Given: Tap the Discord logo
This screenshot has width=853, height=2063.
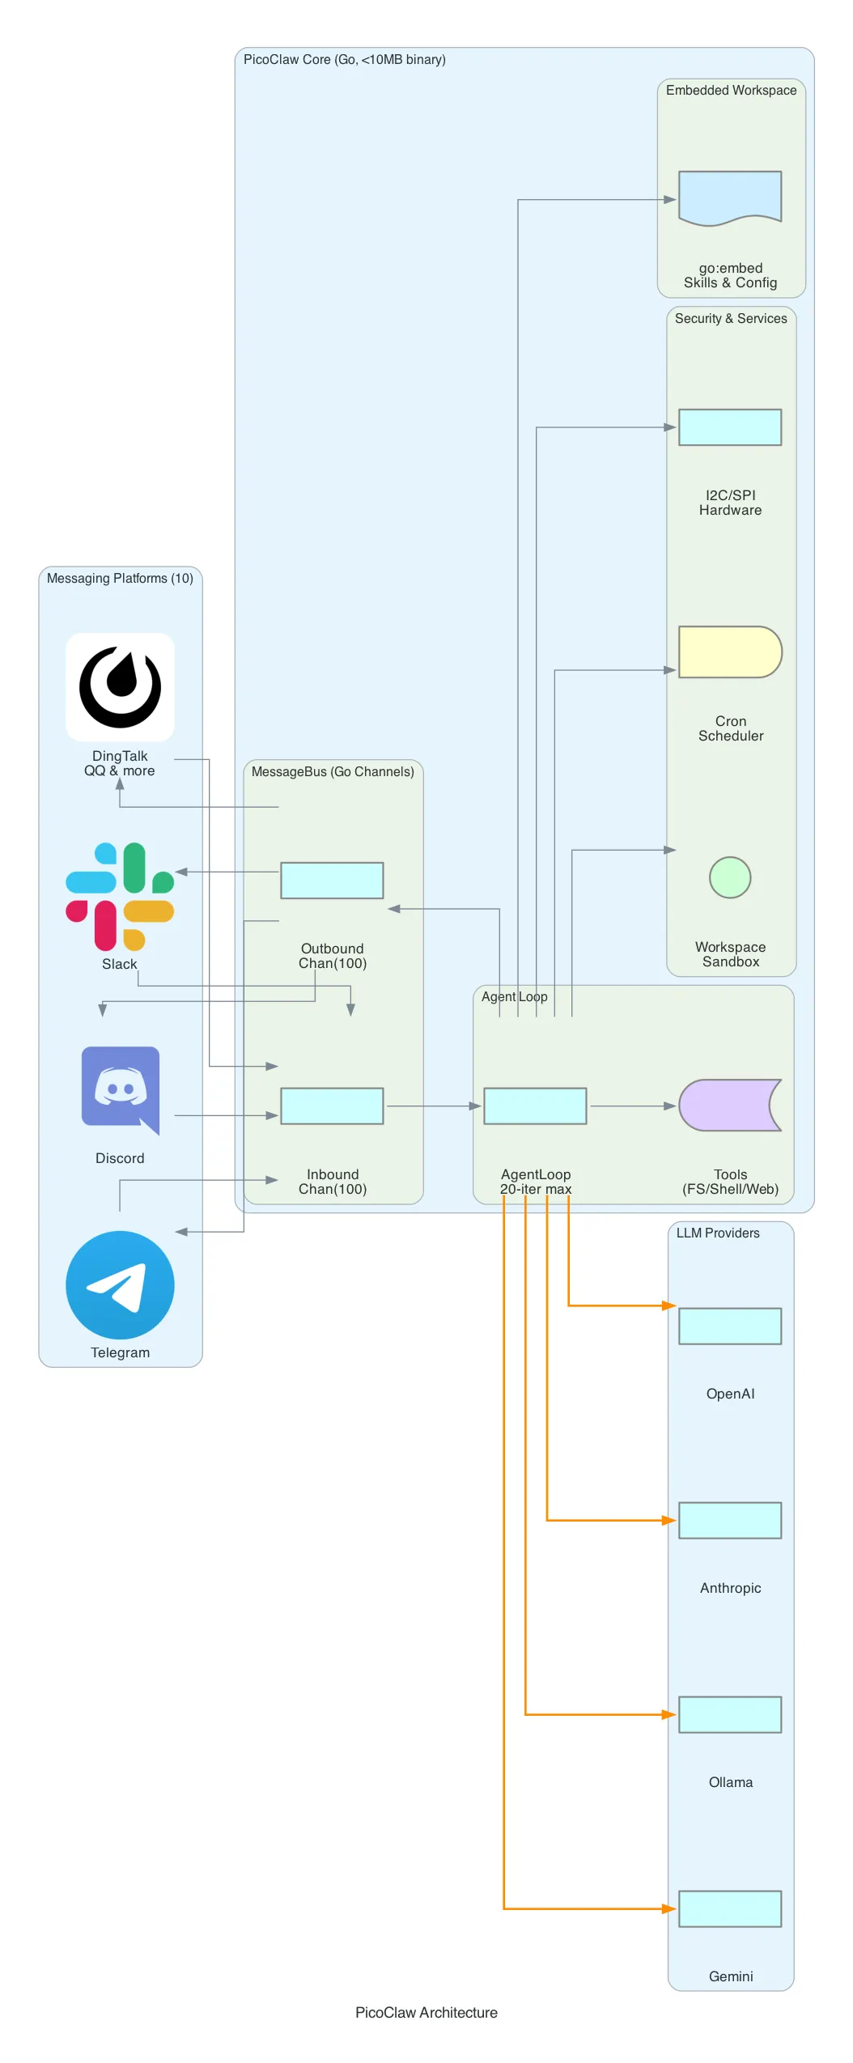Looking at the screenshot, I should click(121, 1089).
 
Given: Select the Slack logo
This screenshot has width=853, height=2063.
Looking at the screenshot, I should click(120, 896).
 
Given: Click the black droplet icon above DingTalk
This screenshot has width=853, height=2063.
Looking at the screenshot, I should click(120, 686).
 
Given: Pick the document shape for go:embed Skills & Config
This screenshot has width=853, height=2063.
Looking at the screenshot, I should click(729, 197).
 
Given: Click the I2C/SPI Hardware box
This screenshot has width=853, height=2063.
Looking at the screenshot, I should click(729, 427).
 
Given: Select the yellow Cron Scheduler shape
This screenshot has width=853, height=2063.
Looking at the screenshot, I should click(729, 652).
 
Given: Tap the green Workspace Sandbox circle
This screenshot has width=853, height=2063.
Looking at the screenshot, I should click(729, 877).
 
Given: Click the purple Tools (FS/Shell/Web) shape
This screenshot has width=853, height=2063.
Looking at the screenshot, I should click(729, 1105).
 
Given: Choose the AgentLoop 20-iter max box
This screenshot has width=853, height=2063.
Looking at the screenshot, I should click(535, 1106).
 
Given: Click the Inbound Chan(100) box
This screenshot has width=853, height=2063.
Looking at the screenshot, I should click(332, 1106).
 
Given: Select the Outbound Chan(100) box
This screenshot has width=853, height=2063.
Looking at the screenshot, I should click(332, 880).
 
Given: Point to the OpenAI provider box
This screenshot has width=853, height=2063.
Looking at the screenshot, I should click(729, 1326).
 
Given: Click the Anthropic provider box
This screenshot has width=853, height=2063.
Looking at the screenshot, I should click(729, 1520).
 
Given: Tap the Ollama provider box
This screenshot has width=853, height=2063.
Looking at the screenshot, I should click(729, 1714).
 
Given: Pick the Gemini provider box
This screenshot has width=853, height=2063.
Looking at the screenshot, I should click(729, 1908).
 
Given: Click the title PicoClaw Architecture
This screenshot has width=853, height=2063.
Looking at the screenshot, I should click(426, 2012).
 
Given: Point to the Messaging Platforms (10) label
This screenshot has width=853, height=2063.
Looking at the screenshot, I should click(120, 578).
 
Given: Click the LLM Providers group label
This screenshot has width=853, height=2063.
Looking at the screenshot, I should click(718, 1233).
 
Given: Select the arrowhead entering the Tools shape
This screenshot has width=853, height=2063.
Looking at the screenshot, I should click(670, 1106).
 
